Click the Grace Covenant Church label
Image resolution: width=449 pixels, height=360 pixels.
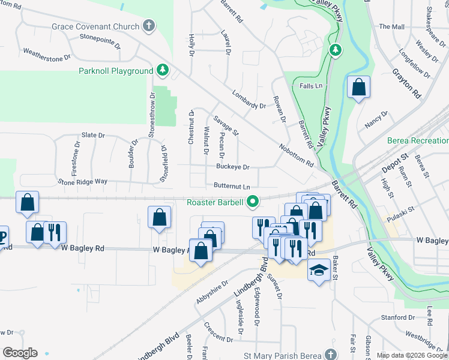pos(96,26)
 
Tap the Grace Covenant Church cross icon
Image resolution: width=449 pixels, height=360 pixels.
pos(149,26)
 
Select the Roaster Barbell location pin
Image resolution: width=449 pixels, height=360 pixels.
pos(253,202)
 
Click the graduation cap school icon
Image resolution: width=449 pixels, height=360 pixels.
pos(319,270)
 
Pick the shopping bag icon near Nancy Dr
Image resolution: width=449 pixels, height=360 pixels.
pos(358,88)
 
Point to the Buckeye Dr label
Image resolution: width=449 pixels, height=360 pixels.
pos(233,167)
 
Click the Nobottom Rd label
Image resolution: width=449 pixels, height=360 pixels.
pos(296,155)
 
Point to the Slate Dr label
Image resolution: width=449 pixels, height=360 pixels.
pos(93,136)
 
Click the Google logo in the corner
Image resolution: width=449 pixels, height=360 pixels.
pos(20,353)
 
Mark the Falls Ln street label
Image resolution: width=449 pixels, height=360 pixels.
pos(311,86)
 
